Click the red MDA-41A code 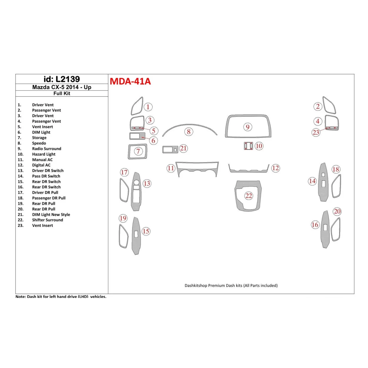tap(130, 81)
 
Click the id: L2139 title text tap(62, 79)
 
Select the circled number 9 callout tap(248, 127)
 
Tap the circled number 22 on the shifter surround tap(249, 196)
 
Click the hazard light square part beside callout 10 tap(248, 146)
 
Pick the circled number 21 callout tap(183, 148)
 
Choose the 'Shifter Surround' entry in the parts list tap(47, 220)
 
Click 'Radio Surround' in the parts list tap(47, 149)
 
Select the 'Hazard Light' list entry tap(44, 154)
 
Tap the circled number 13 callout tap(147, 184)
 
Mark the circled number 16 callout tap(315, 225)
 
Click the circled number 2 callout tap(318, 107)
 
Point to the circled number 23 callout tap(316, 132)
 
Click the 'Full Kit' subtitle tap(62, 93)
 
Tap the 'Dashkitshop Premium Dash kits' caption tap(231, 286)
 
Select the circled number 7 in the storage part tap(138, 152)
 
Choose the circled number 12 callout tap(275, 168)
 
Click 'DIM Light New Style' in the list tap(51, 215)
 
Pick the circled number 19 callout tap(123, 218)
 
